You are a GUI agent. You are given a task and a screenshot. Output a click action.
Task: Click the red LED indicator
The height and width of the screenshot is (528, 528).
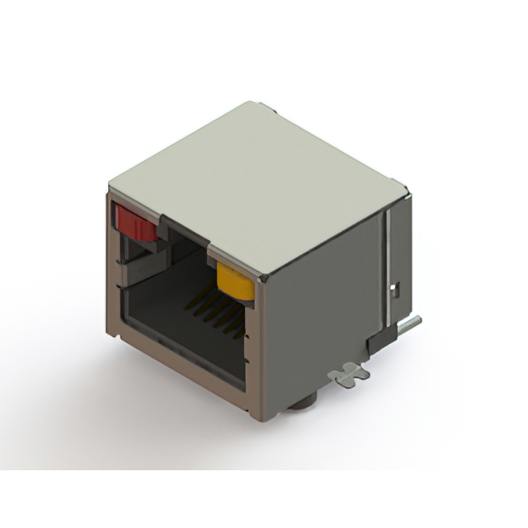135,222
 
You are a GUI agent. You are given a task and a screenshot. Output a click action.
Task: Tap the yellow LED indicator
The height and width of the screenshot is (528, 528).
235,280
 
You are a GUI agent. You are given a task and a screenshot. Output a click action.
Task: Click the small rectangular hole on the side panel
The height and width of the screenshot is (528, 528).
395,289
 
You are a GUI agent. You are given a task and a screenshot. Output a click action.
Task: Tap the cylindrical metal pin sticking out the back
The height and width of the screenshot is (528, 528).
411,323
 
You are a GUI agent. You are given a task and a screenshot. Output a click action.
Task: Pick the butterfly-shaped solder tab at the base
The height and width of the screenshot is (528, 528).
349,374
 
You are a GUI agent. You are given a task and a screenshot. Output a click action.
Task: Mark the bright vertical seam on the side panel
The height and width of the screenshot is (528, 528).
385,264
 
